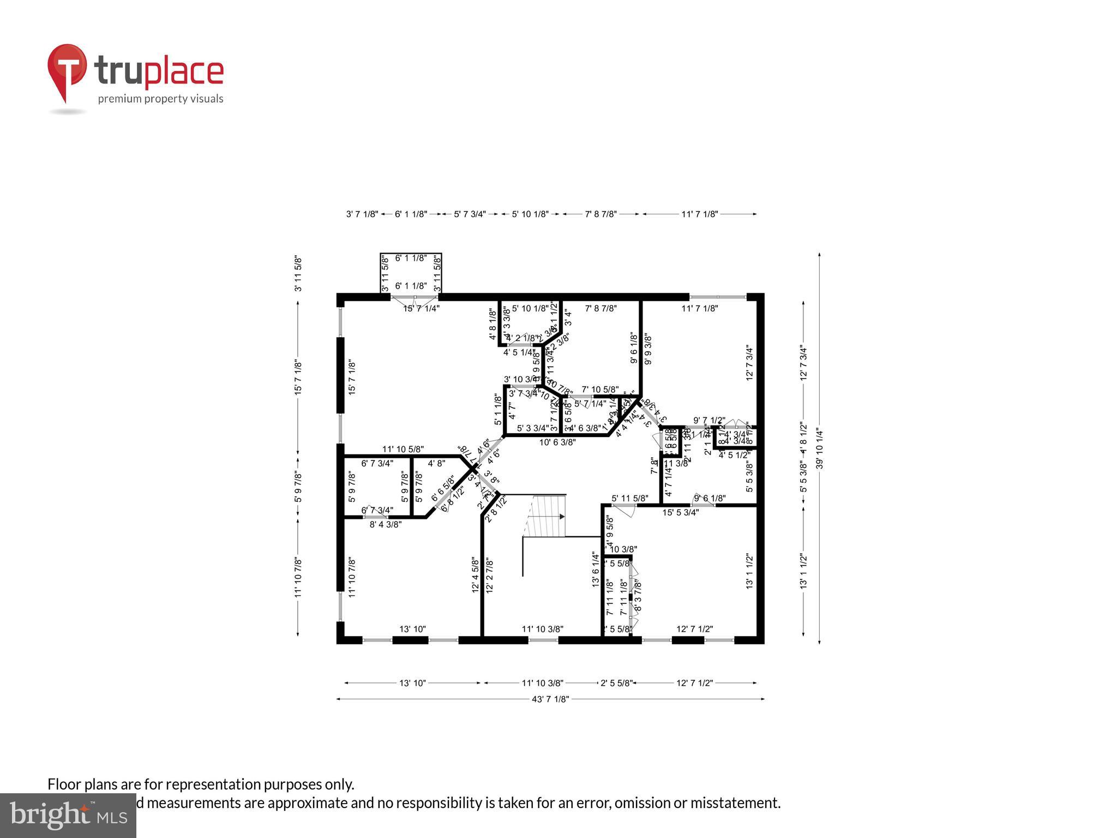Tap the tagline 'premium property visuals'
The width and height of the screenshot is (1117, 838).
pyautogui.click(x=160, y=99)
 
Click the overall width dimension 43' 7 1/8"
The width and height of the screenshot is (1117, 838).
pyautogui.click(x=550, y=699)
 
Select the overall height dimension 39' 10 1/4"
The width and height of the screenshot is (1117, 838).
pyautogui.click(x=819, y=448)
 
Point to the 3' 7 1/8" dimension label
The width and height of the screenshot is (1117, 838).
pyautogui.click(x=362, y=214)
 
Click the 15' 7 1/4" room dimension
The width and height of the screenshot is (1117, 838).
pyautogui.click(x=421, y=308)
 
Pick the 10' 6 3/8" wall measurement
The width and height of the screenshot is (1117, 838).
pyautogui.click(x=557, y=442)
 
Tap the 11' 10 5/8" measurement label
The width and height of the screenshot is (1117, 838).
pyautogui.click(x=403, y=450)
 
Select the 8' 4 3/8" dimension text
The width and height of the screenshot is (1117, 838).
pyautogui.click(x=386, y=525)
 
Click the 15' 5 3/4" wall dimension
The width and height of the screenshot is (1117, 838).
pyautogui.click(x=681, y=512)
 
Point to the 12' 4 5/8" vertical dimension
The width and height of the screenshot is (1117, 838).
pyautogui.click(x=475, y=575)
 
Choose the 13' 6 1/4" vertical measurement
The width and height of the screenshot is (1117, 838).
pyautogui.click(x=596, y=570)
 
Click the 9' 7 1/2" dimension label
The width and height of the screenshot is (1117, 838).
pyautogui.click(x=709, y=421)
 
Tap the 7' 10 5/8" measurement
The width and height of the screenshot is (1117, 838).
pyautogui.click(x=600, y=390)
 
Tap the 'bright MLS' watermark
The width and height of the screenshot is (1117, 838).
pyautogui.click(x=68, y=816)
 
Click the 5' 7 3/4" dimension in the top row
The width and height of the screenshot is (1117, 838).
pyautogui.click(x=470, y=214)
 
